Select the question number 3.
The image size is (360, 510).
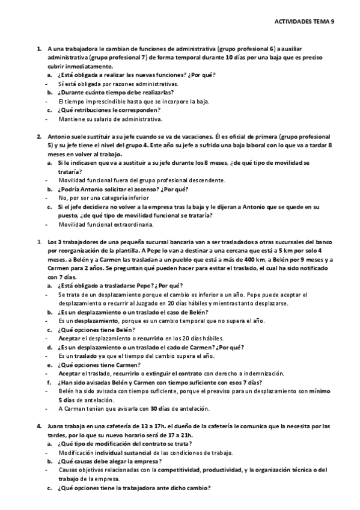39,242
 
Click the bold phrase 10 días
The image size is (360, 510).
236,58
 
